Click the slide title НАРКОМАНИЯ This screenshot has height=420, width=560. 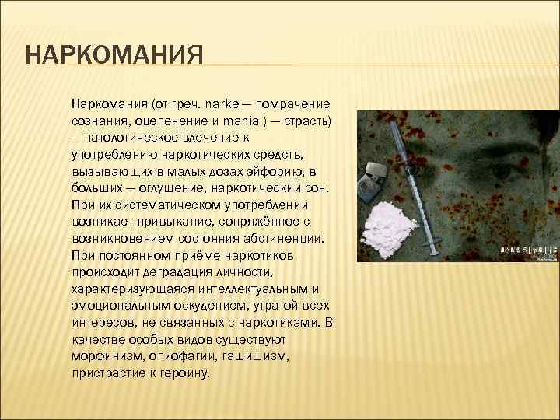[x=114, y=58]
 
